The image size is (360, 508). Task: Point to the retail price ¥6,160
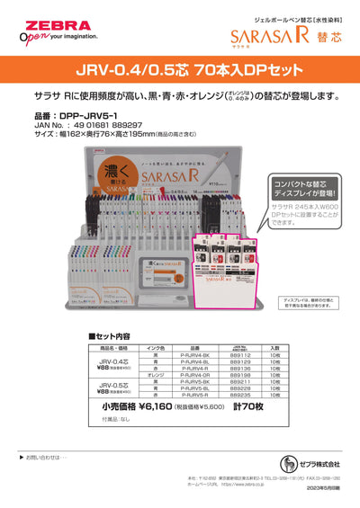click(x=157, y=406)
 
